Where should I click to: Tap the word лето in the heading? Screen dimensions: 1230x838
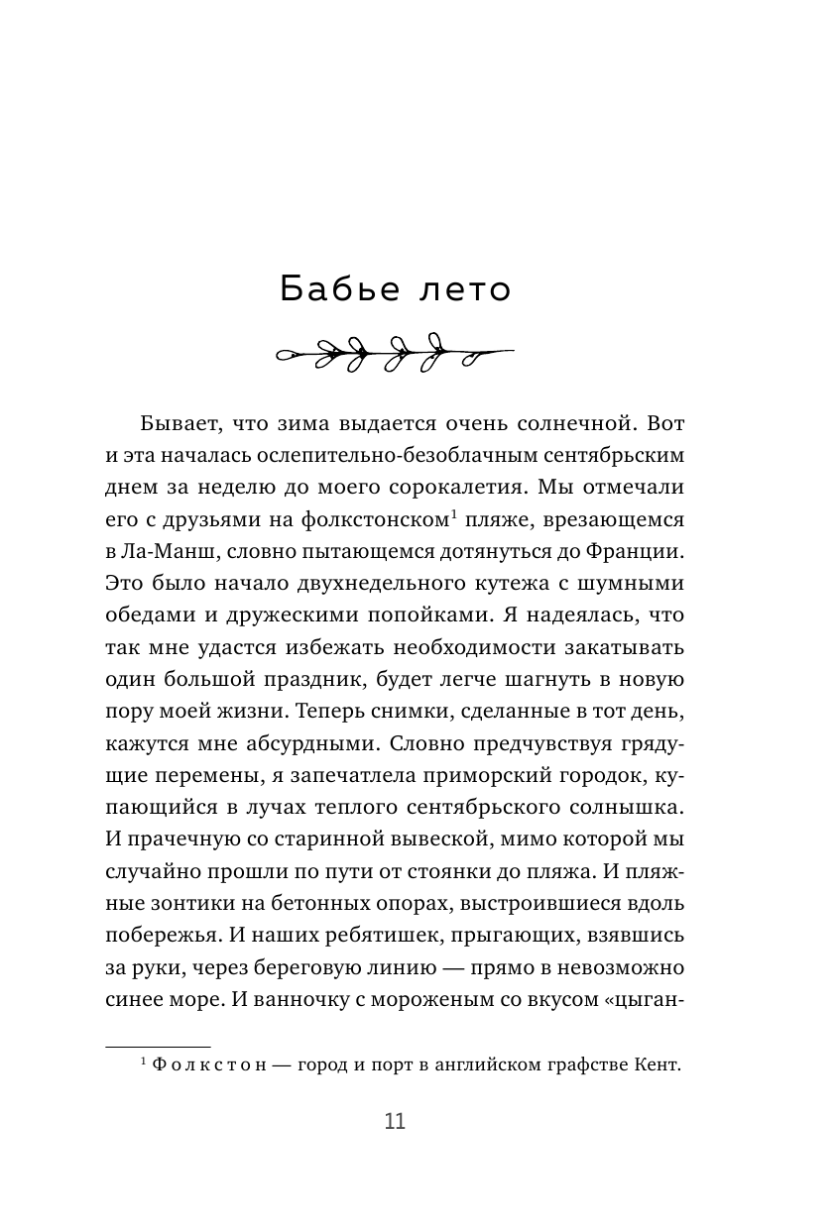[x=465, y=289]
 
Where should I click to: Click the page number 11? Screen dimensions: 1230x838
[x=394, y=1122]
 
